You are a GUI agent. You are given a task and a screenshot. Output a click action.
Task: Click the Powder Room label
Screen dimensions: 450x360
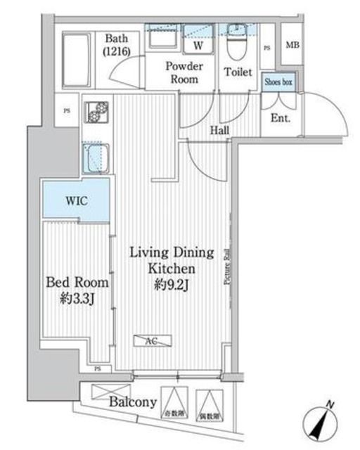click(184, 72)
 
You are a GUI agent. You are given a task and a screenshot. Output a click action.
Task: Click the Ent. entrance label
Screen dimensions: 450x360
click(281, 118)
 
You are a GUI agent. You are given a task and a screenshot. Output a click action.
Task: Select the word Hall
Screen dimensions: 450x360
click(219, 131)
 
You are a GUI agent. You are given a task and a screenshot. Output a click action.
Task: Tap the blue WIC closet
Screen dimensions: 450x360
click(75, 200)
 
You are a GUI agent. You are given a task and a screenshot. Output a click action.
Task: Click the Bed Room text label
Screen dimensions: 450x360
click(77, 283)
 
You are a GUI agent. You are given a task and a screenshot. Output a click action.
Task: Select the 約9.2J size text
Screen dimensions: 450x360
click(171, 284)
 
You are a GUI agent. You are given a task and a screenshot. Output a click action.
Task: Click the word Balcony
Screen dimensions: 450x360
click(132, 403)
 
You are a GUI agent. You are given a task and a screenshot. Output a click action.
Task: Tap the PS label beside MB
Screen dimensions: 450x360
click(266, 48)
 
